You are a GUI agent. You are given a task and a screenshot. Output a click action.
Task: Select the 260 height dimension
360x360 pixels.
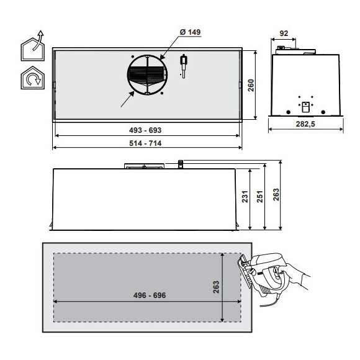pyautogui.click(x=251, y=86)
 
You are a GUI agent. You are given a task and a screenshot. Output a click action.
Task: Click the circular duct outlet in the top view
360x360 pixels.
pyautogui.click(x=147, y=76)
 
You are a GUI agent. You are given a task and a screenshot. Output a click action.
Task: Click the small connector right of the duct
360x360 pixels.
pyautogui.click(x=184, y=65)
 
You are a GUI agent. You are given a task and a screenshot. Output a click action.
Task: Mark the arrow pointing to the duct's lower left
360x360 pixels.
pyautogui.click(x=127, y=101)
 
